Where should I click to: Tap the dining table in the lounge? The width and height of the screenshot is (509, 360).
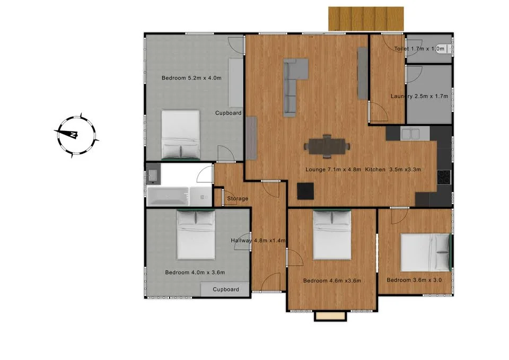pos(327,146)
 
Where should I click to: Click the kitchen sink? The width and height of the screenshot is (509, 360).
pos(410,134)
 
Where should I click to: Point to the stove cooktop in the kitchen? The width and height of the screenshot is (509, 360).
pos(444,177)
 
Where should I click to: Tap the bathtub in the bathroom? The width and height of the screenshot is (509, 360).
pos(168,197)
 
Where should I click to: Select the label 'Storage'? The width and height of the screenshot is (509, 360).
pos(238,198)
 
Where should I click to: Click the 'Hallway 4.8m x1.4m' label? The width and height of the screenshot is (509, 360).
pos(258,241)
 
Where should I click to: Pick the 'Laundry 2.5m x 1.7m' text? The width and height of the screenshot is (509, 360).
pos(419,96)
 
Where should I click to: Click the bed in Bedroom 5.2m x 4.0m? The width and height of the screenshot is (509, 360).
pos(180,135)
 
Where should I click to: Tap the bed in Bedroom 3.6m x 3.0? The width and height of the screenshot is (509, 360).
pos(426,252)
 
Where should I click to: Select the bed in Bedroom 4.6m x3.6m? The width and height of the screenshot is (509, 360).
pos(332,234)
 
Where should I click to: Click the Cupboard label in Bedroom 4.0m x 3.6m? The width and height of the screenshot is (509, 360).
pos(226,289)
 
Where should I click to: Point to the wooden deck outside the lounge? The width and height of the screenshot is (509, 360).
pos(366,19)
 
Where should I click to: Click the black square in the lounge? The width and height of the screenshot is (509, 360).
pos(305,191)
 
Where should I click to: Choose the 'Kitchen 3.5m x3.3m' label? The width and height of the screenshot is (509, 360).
pos(393,169)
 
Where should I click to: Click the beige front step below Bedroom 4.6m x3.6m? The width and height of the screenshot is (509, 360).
pos(330,315)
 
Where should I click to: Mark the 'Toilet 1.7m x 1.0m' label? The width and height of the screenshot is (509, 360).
pos(419,49)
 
